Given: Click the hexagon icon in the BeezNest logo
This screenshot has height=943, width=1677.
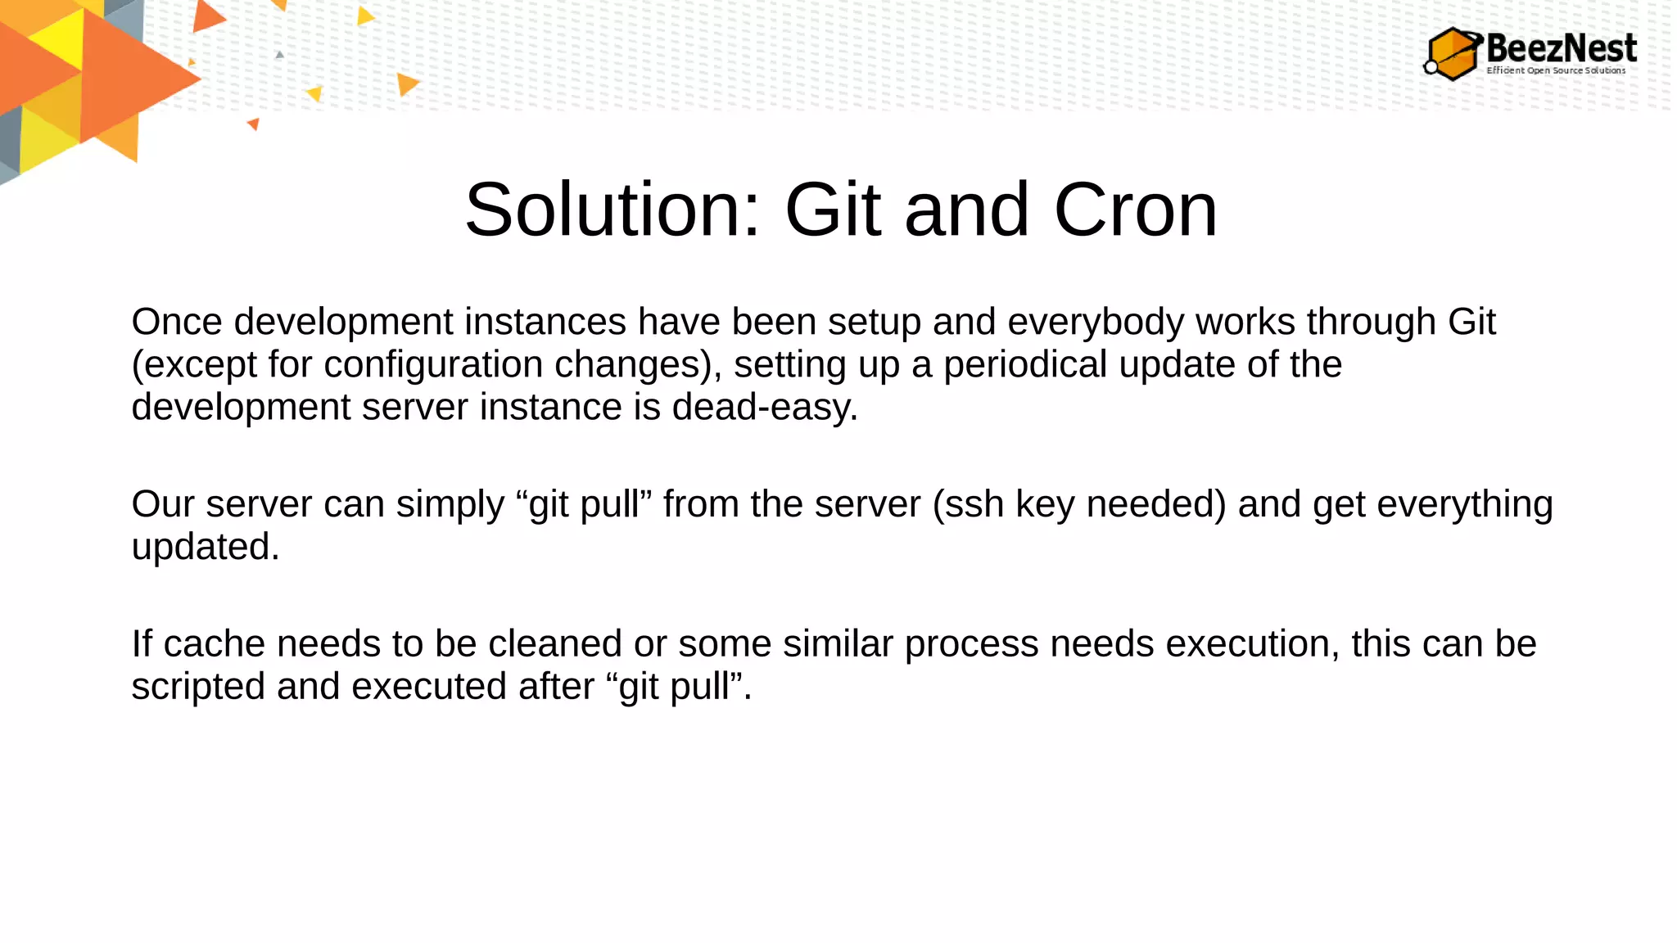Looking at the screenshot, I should click(x=1453, y=54).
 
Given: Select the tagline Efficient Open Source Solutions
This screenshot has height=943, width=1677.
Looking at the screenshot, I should click(x=1556, y=70).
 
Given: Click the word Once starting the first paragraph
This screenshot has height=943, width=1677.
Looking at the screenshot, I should click(x=177, y=322).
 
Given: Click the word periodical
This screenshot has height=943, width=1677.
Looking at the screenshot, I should click(x=1025, y=364).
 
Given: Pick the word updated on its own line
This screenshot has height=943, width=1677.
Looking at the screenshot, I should click(x=205, y=547).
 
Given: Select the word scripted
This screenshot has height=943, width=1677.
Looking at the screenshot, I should click(x=198, y=687).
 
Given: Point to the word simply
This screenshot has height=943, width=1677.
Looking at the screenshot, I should click(x=450, y=504).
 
